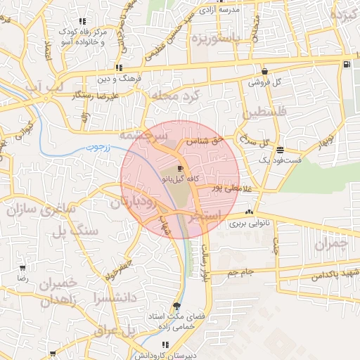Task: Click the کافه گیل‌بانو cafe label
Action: pyautogui.click(x=176, y=180)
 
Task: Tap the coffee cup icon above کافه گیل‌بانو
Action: pyautogui.click(x=180, y=169)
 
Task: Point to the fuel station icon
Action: pyautogui.click(x=347, y=65)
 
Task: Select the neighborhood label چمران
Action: pyautogui.click(x=331, y=244)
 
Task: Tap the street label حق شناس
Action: pyautogui.click(x=204, y=141)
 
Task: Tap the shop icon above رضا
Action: pyautogui.click(x=22, y=269)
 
